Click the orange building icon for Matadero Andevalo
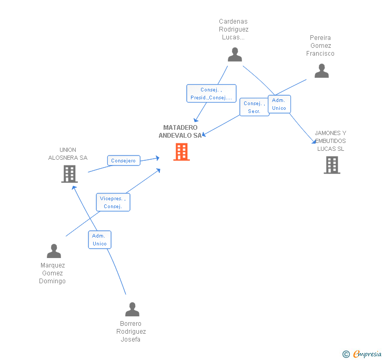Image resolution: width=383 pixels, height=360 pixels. click(x=182, y=151)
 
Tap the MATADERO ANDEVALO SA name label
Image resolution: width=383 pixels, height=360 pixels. click(x=180, y=131)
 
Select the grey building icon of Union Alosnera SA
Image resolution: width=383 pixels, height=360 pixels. click(x=69, y=174)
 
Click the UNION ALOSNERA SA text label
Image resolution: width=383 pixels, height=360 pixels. click(x=68, y=153)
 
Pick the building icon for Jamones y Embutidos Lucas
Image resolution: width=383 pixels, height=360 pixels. click(x=331, y=164)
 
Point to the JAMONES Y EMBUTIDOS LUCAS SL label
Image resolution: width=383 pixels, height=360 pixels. click(x=330, y=141)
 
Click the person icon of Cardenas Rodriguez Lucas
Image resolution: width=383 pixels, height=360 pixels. click(x=235, y=55)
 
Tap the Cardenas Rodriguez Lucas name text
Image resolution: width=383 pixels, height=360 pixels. click(x=234, y=29)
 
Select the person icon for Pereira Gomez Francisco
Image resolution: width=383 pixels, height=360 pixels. click(x=321, y=71)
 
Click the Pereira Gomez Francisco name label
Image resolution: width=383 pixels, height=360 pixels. click(x=320, y=46)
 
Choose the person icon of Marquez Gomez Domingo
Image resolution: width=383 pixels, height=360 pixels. click(x=54, y=251)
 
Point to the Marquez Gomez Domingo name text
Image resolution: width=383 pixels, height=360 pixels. click(x=53, y=273)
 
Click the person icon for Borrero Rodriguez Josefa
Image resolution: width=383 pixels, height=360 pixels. click(x=132, y=310)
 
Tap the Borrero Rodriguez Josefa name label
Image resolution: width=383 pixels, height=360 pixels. click(x=131, y=332)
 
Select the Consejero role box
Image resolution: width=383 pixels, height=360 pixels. click(x=124, y=161)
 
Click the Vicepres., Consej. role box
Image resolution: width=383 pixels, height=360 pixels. click(x=113, y=202)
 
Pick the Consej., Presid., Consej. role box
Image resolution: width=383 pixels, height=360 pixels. click(x=211, y=94)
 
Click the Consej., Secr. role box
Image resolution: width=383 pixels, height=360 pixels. click(x=254, y=107)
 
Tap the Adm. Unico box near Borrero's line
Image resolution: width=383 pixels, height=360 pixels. click(x=99, y=240)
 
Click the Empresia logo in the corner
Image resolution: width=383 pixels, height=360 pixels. click(x=362, y=354)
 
